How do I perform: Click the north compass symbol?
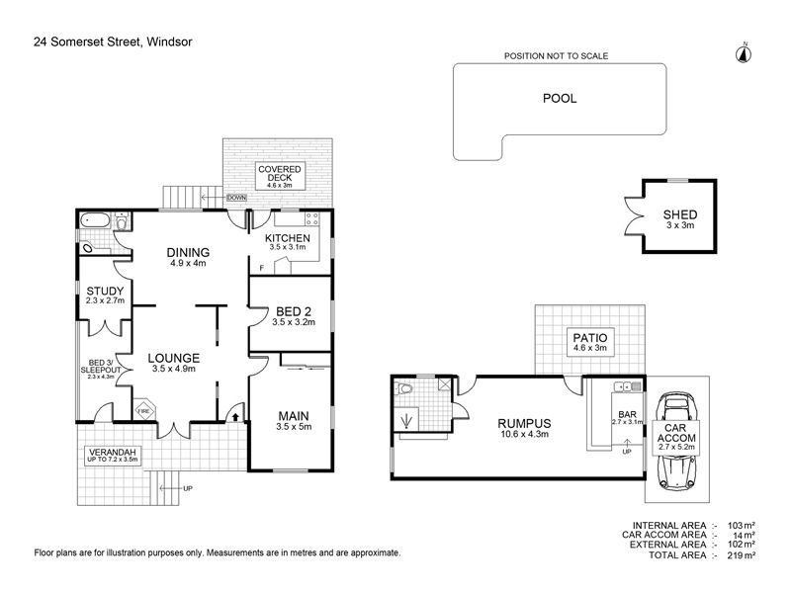pyautogui.click(x=745, y=53)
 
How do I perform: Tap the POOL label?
pyautogui.click(x=560, y=98)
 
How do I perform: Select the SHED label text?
pyautogui.click(x=680, y=214)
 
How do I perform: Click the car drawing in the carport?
pyautogui.click(x=676, y=441)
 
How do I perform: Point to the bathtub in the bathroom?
pyautogui.click(x=95, y=220)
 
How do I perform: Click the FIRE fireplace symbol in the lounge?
pyautogui.click(x=143, y=410)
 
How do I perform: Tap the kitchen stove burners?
pyautogui.click(x=312, y=218)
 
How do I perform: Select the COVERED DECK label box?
pyautogui.click(x=280, y=176)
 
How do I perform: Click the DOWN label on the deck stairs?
pyautogui.click(x=236, y=197)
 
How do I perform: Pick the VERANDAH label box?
pyautogui.click(x=113, y=456)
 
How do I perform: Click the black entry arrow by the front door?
pyautogui.click(x=235, y=416)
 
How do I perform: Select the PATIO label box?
pyautogui.click(x=590, y=342)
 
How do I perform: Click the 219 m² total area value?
pyautogui.click(x=741, y=555)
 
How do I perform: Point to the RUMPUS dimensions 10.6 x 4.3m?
pyautogui.click(x=524, y=434)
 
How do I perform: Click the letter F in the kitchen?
pyautogui.click(x=261, y=268)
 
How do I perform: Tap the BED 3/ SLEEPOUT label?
pyautogui.click(x=101, y=367)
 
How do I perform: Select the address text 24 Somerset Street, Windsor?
pyautogui.click(x=113, y=42)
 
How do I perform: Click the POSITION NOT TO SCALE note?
pyautogui.click(x=556, y=56)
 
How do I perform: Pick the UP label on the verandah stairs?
pyautogui.click(x=188, y=488)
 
